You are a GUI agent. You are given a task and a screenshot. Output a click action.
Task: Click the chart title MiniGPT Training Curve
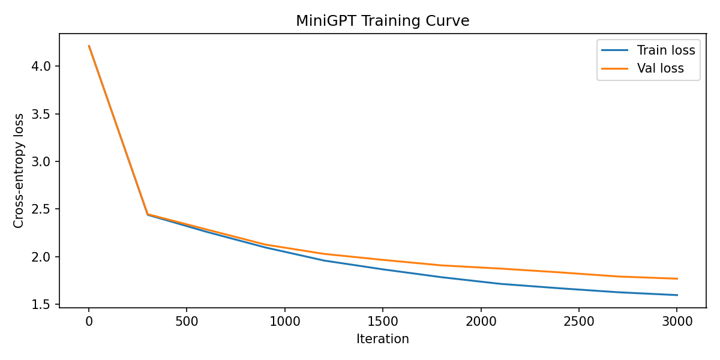(x=383, y=21)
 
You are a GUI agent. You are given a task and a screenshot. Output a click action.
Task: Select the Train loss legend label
(x=666, y=50)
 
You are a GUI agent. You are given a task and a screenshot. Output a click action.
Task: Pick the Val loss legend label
(x=660, y=68)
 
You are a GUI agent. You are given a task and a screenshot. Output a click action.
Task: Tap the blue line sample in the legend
(x=614, y=50)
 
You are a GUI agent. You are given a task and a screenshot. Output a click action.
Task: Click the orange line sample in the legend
(x=614, y=68)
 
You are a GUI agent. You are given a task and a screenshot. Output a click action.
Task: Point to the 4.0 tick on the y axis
(x=41, y=66)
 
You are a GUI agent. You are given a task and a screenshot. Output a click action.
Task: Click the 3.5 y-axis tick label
(x=41, y=114)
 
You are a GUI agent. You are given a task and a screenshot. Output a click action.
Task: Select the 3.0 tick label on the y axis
(x=41, y=161)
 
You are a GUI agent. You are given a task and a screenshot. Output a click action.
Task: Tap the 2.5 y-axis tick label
(x=41, y=209)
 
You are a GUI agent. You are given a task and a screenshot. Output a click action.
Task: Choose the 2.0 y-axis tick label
(x=41, y=257)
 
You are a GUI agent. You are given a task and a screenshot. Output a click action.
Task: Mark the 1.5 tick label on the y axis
(x=41, y=304)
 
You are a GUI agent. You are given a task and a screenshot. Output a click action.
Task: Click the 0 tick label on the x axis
(x=89, y=322)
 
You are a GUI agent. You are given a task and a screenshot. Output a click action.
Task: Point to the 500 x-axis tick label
(x=187, y=322)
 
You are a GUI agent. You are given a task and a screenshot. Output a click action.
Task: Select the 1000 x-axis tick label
(x=285, y=322)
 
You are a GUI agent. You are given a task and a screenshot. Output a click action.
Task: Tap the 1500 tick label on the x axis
(x=383, y=322)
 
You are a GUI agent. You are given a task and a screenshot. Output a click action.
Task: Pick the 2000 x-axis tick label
(x=481, y=322)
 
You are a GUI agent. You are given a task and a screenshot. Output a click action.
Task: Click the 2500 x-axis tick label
(x=579, y=322)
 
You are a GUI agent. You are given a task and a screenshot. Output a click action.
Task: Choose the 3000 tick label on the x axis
(x=677, y=322)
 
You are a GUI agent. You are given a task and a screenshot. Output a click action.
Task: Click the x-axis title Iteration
(x=383, y=339)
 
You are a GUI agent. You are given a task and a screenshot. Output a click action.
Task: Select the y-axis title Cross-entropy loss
(x=19, y=170)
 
